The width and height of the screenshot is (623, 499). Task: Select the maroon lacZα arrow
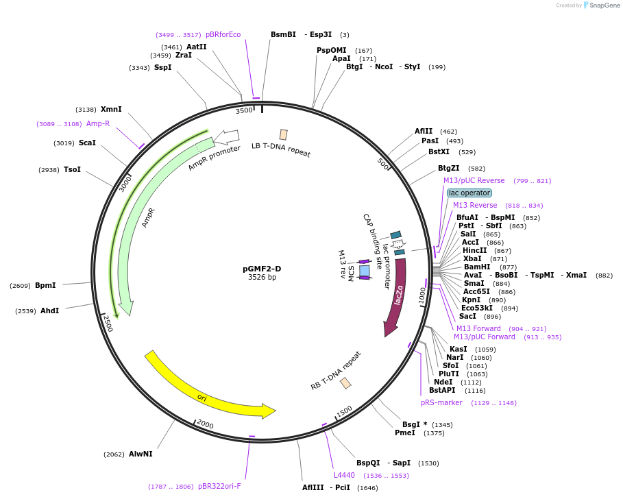point(397,295)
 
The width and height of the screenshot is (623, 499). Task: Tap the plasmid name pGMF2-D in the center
point(262,269)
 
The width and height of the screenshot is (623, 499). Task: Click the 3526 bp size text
point(262,278)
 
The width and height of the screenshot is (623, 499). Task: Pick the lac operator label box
point(469,193)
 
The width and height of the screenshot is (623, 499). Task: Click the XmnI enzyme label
point(111,109)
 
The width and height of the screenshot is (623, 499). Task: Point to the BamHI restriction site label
point(477,267)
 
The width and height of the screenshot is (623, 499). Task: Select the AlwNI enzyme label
point(141,454)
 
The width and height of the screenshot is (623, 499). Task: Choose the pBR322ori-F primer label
point(219,486)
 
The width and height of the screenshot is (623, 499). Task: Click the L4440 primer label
point(344,475)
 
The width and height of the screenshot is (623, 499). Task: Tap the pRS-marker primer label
point(441,402)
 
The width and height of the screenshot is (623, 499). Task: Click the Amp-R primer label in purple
point(98,123)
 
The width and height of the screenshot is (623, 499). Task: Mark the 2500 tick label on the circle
point(108,323)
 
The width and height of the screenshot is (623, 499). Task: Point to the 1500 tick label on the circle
point(344,411)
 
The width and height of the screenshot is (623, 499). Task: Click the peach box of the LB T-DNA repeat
point(283,134)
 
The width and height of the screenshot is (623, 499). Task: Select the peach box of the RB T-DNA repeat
point(345,382)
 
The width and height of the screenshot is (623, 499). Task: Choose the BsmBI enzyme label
point(283,34)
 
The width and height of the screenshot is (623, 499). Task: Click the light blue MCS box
point(364,271)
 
